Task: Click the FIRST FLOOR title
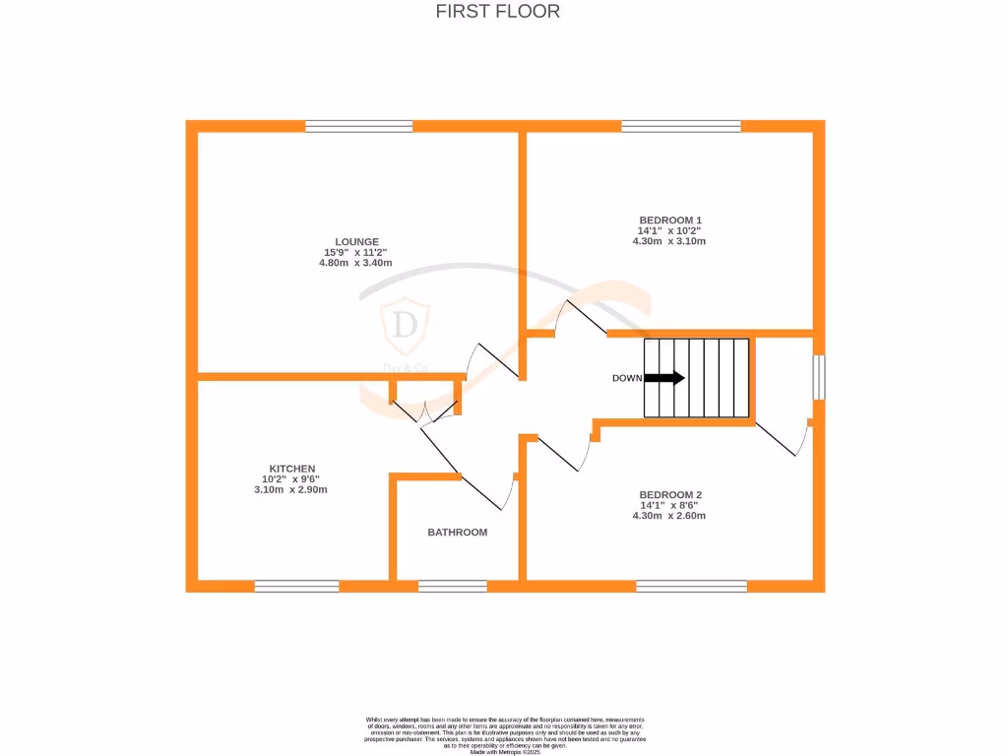click(x=498, y=12)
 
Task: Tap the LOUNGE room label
click(x=356, y=241)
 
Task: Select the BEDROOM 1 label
click(x=670, y=220)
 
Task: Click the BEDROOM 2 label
click(x=670, y=494)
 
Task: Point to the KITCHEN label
click(x=292, y=469)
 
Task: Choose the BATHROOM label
click(x=457, y=533)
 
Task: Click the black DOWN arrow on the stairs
click(x=664, y=377)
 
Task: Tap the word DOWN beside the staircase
click(x=627, y=378)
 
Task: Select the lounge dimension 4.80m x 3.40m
click(x=356, y=263)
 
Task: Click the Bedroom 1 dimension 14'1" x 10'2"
click(x=670, y=230)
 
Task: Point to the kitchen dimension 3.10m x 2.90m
click(x=291, y=489)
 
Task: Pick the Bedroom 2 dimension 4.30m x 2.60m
click(x=669, y=515)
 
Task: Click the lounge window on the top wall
click(x=358, y=126)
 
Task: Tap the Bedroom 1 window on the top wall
click(x=681, y=126)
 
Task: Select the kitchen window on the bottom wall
click(x=296, y=586)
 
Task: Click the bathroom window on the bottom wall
click(x=453, y=586)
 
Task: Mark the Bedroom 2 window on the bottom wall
click(x=691, y=586)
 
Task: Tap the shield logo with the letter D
click(x=404, y=325)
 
